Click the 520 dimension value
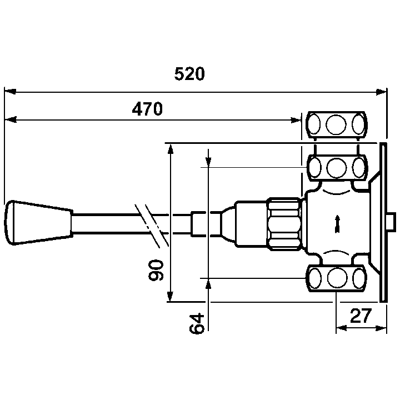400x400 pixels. click(189, 74)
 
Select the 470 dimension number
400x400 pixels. click(147, 109)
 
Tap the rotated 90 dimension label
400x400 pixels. click(156, 271)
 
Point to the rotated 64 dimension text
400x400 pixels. click(197, 323)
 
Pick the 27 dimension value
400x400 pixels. click(361, 316)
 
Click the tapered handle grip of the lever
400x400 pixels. click(39, 223)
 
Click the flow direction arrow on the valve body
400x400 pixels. click(337, 224)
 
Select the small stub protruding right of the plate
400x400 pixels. click(391, 222)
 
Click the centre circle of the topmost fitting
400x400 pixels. click(336, 124)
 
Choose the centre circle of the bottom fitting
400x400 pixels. click(337, 278)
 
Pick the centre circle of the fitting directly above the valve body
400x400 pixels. click(337, 168)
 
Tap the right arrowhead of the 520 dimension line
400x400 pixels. click(381, 92)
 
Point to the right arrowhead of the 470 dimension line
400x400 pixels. click(296, 120)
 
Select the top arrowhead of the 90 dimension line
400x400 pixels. click(171, 149)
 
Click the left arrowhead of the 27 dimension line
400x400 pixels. click(342, 328)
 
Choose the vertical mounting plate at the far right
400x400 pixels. click(383, 222)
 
